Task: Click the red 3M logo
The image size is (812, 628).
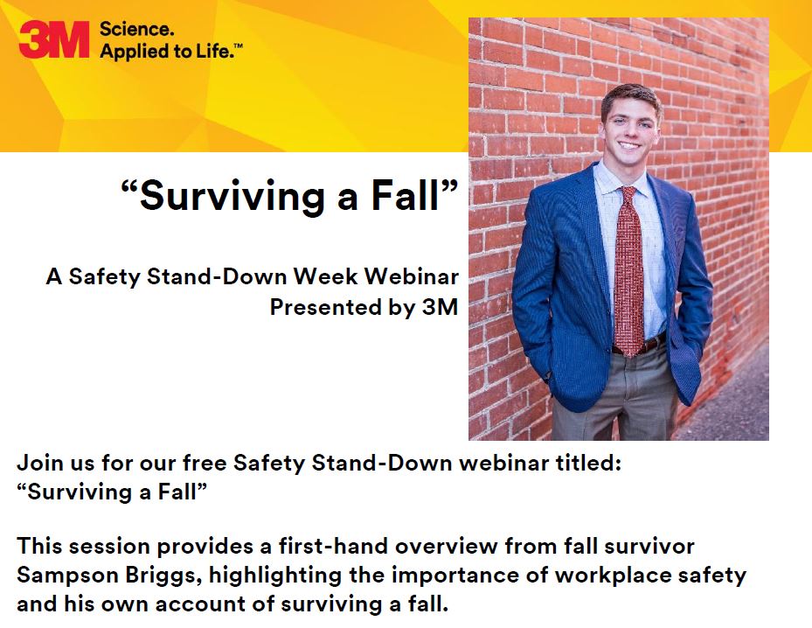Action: tap(54, 38)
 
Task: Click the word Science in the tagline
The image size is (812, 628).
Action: tap(136, 29)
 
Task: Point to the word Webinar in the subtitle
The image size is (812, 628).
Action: tap(411, 276)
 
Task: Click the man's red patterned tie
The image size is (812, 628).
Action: tap(628, 272)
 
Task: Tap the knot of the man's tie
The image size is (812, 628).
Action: tap(628, 194)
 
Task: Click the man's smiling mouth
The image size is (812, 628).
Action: tap(629, 145)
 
